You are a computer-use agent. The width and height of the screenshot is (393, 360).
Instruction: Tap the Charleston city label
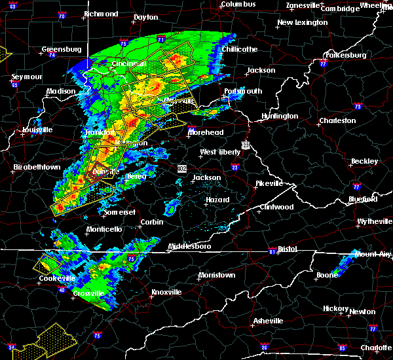337,120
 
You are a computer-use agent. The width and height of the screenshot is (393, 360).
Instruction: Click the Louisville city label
37,130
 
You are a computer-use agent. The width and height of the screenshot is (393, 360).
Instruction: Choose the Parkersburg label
342,55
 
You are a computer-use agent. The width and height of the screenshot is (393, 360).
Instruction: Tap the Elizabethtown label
37,168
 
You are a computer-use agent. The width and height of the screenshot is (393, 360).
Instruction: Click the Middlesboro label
189,247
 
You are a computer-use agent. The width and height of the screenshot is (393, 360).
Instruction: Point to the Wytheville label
375,222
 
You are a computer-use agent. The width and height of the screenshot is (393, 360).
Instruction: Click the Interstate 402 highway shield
181,169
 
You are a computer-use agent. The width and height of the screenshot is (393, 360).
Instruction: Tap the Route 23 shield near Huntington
245,144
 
